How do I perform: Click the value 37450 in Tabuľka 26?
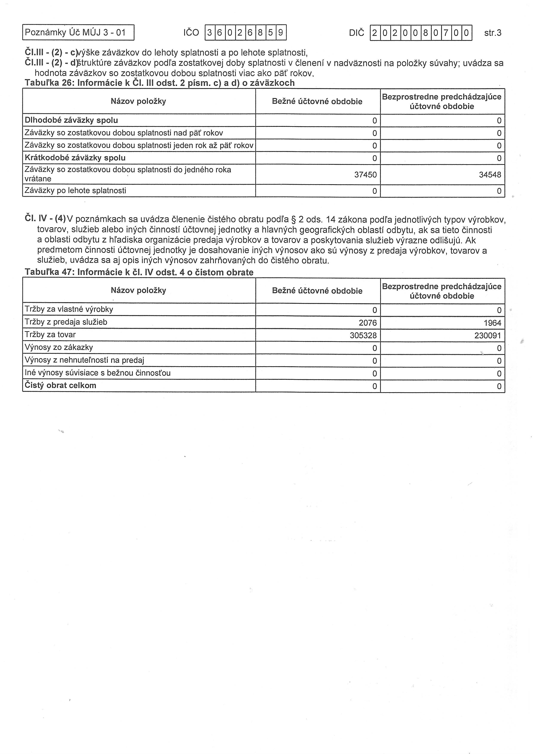coord(365,175)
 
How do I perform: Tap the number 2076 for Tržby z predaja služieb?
coord(368,323)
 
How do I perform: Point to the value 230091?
coord(487,335)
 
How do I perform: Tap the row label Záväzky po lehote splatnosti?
coord(75,190)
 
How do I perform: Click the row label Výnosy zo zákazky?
coord(59,347)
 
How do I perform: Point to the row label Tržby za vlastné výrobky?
coord(69,309)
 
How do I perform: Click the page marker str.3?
coord(493,33)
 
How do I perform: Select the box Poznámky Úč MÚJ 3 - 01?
coord(78,32)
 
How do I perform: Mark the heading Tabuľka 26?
coord(160,83)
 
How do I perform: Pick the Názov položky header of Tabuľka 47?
coord(138,290)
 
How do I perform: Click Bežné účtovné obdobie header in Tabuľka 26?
coord(317,101)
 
